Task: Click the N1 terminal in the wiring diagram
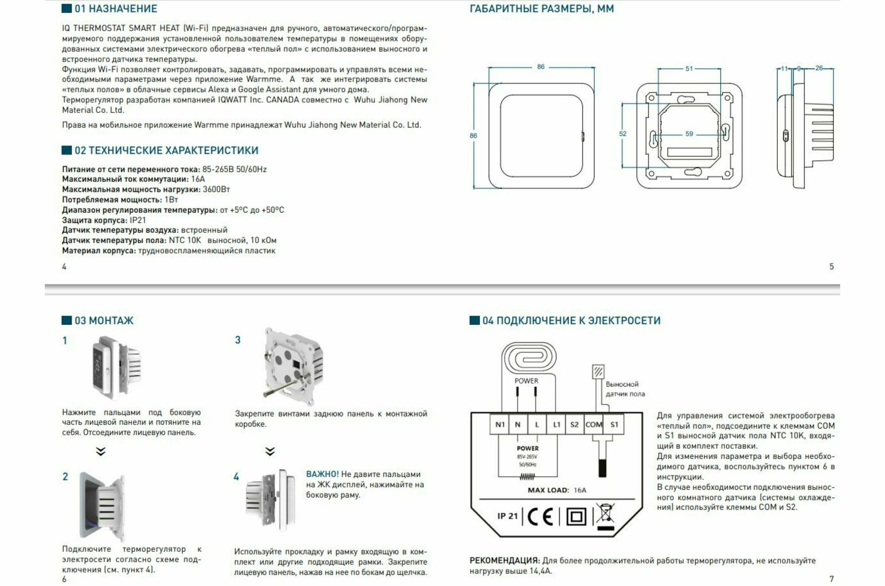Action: (500, 424)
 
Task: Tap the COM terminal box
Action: (594, 424)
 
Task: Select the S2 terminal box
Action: (574, 424)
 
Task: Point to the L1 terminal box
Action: (556, 424)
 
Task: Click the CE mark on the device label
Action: (540, 517)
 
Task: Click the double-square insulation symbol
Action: (576, 517)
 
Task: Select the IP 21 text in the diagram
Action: (507, 516)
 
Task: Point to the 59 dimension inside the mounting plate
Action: (689, 134)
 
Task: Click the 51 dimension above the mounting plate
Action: (689, 69)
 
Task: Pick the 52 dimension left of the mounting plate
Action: (623, 134)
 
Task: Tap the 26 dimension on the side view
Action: (819, 68)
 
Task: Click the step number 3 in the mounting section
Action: (238, 340)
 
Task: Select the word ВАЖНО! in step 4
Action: (322, 474)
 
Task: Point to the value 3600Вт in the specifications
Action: (216, 189)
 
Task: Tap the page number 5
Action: (831, 266)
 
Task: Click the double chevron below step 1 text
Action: (101, 451)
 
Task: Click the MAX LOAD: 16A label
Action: (557, 490)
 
